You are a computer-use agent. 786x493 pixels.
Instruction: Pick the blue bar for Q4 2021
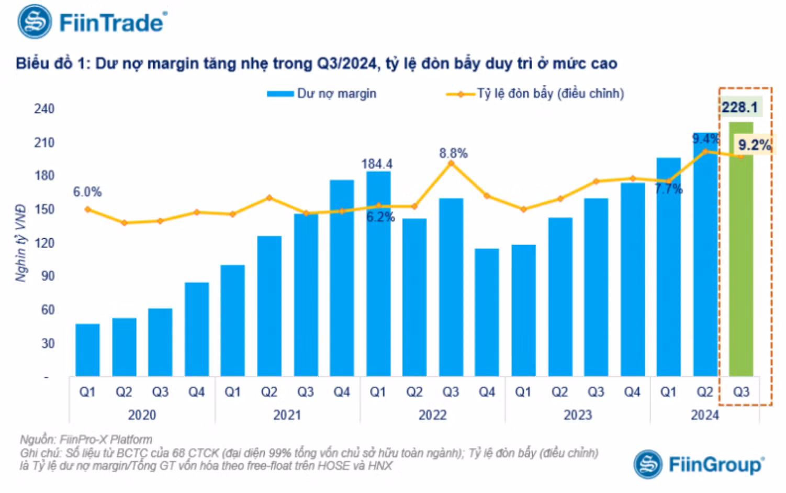pos(342,277)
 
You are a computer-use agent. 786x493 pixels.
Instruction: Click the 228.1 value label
pos(739,107)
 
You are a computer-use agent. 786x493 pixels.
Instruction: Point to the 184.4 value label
pos(377,164)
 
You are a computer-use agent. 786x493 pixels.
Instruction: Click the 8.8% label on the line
pos(453,153)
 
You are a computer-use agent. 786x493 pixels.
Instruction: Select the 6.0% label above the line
pos(87,192)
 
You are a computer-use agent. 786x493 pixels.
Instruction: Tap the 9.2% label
pos(754,145)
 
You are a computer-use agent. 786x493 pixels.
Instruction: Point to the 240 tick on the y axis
pos(44,109)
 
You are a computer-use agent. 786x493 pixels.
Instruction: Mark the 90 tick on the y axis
pos(47,276)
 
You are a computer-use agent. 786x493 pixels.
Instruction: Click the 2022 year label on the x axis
pos(432,415)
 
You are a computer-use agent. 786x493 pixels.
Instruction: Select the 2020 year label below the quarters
pos(142,415)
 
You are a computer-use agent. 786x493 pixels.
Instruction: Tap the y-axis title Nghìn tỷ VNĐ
pos(21,243)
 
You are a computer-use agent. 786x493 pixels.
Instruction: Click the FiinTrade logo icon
pos(35,22)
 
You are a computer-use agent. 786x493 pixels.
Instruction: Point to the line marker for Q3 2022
pos(451,163)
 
